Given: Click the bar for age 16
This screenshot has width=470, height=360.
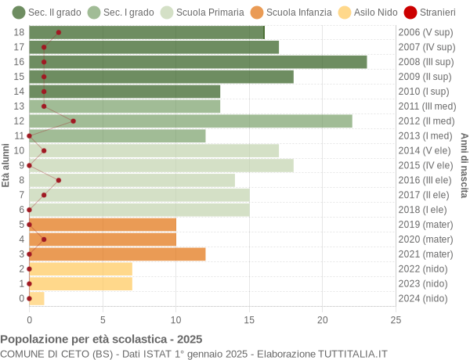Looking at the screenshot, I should tap(197, 62).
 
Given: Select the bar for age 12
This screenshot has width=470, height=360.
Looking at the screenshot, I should tap(190, 121).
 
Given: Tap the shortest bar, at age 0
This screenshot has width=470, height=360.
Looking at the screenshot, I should tap(37, 298).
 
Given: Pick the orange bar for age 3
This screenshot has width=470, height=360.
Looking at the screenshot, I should tap(117, 254).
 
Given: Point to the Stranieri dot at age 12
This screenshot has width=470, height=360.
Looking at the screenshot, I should tap(74, 121).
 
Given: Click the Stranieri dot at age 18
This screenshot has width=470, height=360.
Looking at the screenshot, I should tap(59, 32).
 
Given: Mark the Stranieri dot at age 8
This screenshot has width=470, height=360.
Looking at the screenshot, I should tap(59, 180).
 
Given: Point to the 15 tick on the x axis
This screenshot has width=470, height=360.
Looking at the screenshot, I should tap(249, 319).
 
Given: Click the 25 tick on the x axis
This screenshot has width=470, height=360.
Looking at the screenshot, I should tap(396, 319).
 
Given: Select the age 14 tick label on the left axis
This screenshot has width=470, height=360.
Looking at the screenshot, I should tap(20, 92).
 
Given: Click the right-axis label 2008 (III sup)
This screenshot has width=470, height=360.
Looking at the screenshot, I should tap(425, 62).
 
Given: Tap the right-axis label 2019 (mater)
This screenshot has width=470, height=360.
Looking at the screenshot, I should tap(425, 225).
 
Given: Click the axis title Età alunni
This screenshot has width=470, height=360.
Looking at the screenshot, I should tap(6, 165).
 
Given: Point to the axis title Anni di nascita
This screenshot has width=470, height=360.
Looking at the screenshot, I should tap(464, 165).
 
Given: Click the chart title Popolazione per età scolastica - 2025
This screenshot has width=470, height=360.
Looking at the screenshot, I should tap(101, 340).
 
